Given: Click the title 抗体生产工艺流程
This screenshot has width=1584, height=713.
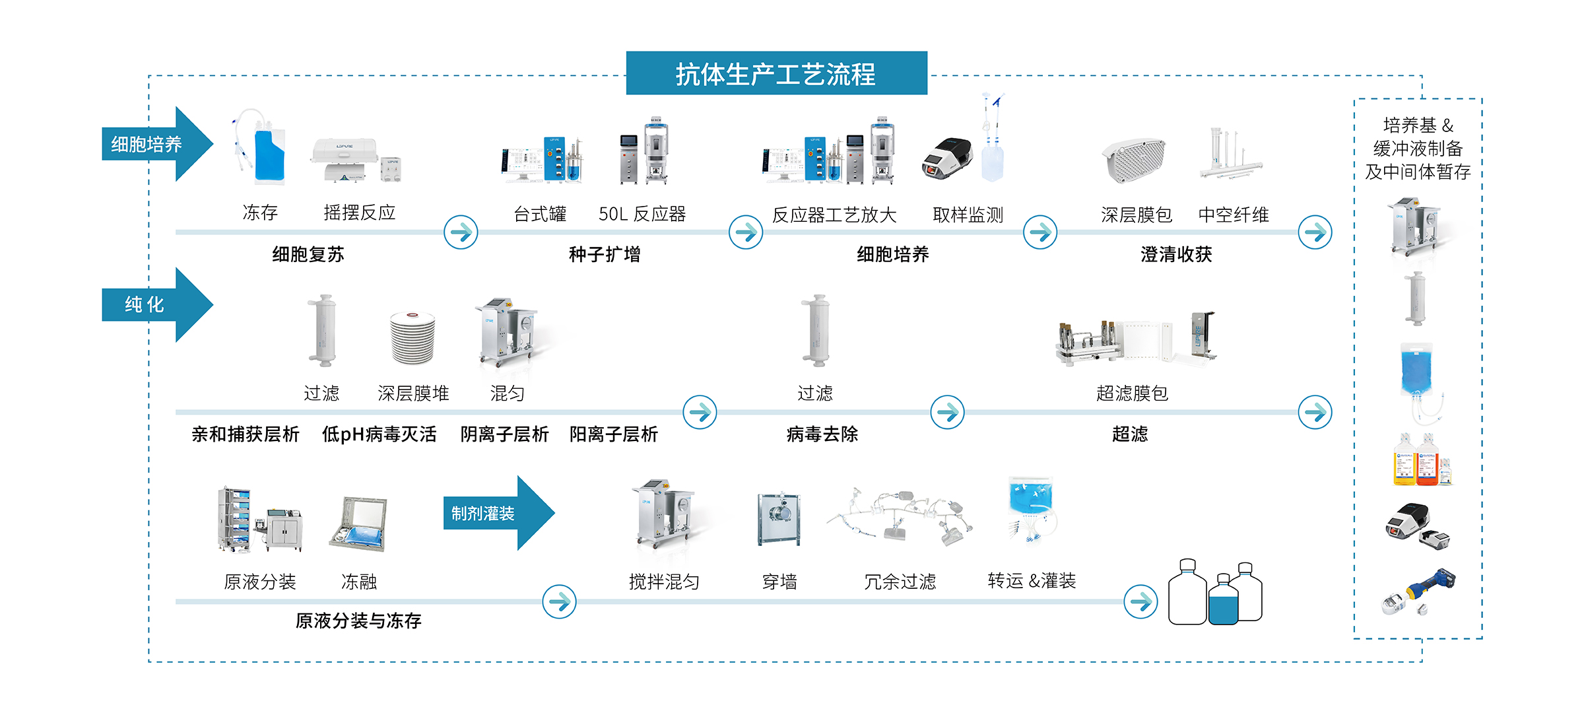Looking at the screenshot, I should coord(776,74).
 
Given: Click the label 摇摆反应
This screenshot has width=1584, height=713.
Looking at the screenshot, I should coord(360,213).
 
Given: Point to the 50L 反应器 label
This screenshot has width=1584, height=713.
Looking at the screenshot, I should coord(642,214).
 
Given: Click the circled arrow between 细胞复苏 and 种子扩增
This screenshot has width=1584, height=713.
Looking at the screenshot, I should coord(461,232).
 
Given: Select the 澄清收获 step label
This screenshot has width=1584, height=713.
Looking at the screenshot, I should coord(1176,254).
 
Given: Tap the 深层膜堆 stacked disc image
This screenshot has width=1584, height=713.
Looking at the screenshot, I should coord(413,337).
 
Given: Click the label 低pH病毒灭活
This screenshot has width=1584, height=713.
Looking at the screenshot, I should coord(379,434).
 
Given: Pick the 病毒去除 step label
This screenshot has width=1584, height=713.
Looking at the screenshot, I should coord(822,434).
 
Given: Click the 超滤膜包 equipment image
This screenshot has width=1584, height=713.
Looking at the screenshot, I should coord(1135,338).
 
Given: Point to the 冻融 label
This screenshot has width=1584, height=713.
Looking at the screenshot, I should coord(359,582).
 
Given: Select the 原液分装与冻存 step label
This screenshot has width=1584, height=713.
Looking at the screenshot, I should coord(358,621).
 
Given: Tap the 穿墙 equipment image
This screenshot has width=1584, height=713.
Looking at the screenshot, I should coord(779,520).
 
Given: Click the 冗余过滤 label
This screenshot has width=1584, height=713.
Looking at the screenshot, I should coord(900,582).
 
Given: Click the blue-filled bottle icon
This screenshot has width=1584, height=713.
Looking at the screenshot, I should coord(1223,601).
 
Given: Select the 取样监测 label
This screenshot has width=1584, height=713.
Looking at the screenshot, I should coord(968,215).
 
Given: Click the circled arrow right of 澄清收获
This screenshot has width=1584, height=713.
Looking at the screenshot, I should coord(1315,232).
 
